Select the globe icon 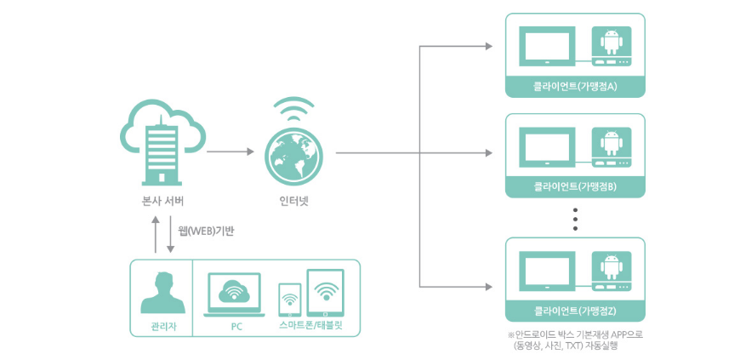coord(293,152)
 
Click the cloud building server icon coord(162,142)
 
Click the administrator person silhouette coord(163,293)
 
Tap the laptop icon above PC coord(234,294)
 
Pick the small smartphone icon coord(290,300)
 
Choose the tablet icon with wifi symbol coord(325,293)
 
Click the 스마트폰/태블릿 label coord(310,327)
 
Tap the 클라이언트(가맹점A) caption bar coord(575,87)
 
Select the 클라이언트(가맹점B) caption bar coord(575,187)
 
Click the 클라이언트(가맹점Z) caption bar coord(575,311)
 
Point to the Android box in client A coord(612,46)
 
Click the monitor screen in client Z coord(547,271)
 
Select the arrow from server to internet coord(231,151)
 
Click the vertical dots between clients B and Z coord(575,220)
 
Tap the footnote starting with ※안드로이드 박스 coord(575,340)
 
